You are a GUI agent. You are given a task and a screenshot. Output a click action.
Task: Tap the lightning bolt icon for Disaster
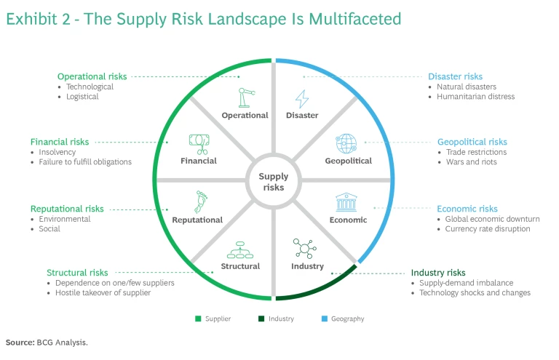301,98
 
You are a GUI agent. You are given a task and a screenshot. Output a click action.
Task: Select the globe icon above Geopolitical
345,143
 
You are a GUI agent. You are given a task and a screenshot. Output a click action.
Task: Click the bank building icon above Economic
345,202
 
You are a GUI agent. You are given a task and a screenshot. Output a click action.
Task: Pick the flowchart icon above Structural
240,249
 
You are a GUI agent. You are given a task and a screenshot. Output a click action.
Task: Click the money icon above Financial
198,143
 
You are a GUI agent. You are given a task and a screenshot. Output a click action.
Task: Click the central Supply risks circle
273,182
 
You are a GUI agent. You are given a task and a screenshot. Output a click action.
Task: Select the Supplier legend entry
217,319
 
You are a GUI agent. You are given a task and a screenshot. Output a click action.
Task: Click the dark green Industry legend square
261,319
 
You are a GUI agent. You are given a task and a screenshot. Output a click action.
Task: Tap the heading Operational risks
92,76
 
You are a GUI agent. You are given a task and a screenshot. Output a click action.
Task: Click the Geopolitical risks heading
472,142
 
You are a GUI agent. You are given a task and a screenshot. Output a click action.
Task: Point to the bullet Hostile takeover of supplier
103,293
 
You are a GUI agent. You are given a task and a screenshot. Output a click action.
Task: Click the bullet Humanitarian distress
475,97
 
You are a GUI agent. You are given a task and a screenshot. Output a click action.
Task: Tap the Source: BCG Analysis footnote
47,341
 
